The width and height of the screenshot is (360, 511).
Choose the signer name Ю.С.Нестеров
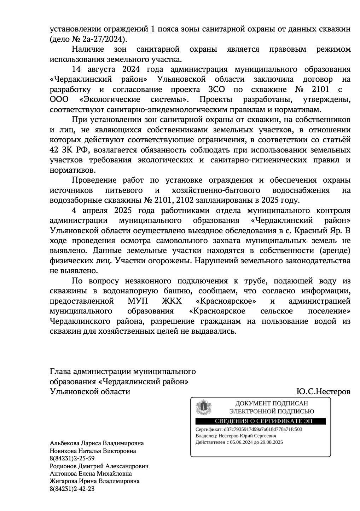pos(324,392)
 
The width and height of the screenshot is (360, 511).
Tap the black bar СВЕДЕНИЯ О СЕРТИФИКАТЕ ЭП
pos(260,421)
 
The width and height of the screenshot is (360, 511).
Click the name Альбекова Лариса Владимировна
pos(97,443)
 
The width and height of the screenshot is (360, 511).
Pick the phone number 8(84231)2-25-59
pos(72,459)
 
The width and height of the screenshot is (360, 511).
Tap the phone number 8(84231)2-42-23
pos(72,489)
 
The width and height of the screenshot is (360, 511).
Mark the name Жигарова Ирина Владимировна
pos(95,481)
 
